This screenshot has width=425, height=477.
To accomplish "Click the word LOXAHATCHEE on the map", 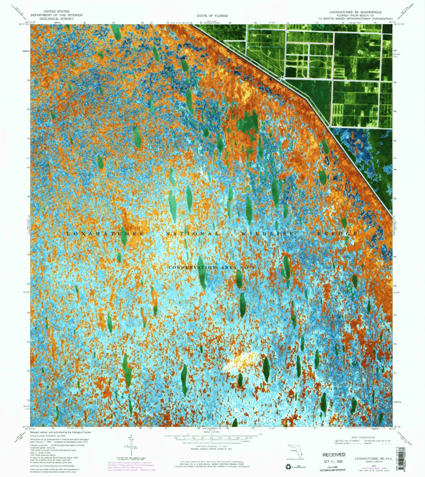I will [x=106, y=234].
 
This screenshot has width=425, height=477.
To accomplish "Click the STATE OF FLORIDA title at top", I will [x=212, y=15].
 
